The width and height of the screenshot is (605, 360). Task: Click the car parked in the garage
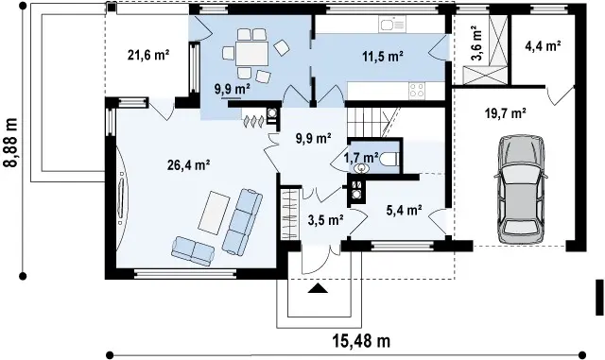point(521,189)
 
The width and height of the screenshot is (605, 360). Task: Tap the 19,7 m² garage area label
point(506,113)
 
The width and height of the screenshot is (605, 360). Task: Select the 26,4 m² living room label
point(189,164)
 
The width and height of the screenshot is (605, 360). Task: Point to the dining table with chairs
point(252,54)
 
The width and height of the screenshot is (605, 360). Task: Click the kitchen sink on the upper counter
point(391,24)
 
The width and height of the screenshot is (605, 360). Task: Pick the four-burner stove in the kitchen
point(417,91)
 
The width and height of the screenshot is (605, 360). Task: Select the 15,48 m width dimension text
point(361,341)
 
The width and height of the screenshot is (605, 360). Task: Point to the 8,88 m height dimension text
point(10,143)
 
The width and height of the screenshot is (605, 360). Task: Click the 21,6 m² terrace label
point(148,55)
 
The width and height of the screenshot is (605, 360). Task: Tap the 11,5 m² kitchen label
point(383,57)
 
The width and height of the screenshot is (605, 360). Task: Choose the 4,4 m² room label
point(543,46)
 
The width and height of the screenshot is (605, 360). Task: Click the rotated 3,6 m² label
point(476,43)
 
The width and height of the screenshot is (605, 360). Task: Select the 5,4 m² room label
point(404,210)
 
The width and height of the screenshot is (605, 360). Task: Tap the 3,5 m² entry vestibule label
point(326,220)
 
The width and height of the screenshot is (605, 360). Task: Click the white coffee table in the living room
point(214,213)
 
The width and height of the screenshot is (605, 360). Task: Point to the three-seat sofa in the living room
point(242,221)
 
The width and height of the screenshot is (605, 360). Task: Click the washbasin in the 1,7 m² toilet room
point(361,168)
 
